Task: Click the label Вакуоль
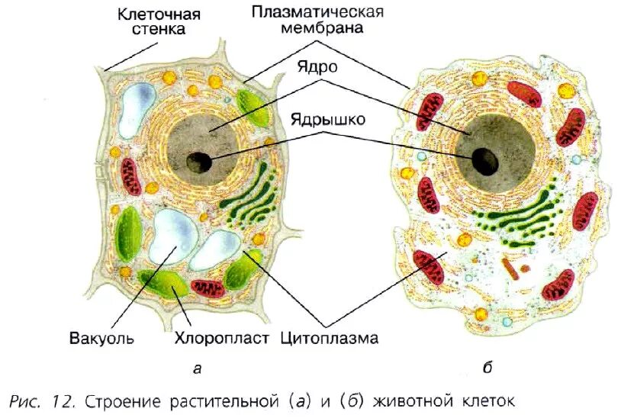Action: [101, 337]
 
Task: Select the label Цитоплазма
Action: [329, 337]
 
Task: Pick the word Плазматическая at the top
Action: [317, 12]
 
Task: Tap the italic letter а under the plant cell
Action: [196, 369]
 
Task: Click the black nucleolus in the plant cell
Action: [201, 161]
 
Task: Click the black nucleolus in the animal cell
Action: [484, 160]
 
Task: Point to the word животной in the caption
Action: [419, 400]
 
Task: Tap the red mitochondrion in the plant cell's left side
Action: [132, 177]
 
